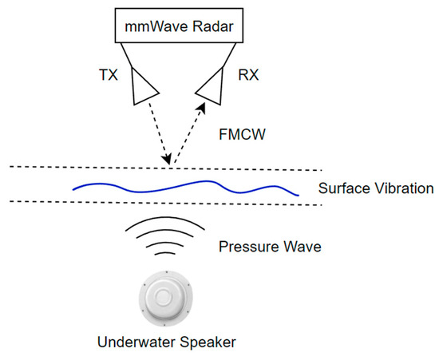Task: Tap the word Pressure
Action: (x=243, y=246)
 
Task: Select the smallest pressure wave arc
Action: (x=167, y=254)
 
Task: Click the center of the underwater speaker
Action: (x=166, y=299)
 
